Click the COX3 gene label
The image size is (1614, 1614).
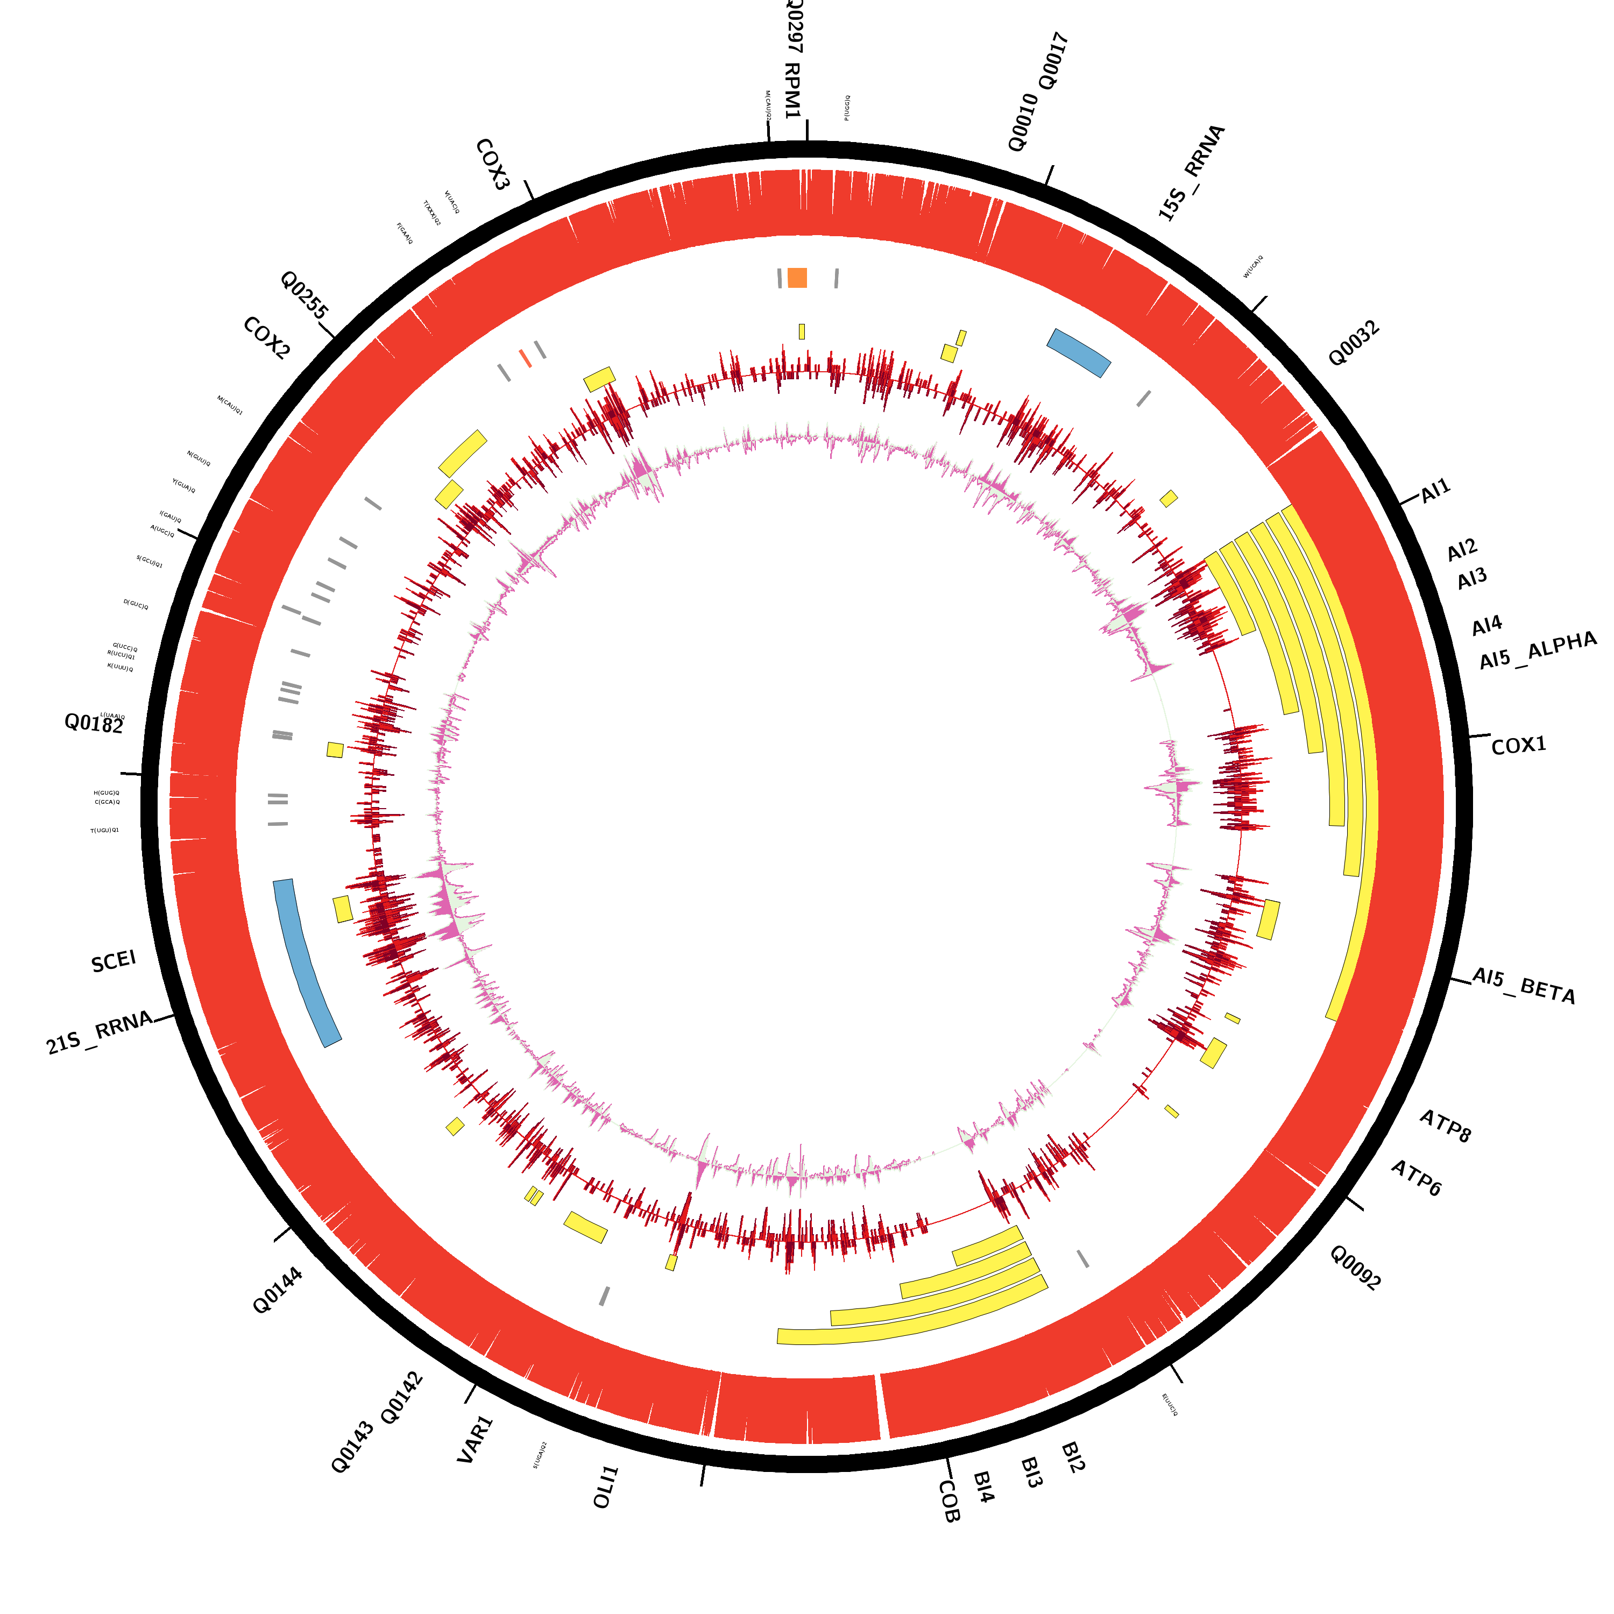tap(492, 165)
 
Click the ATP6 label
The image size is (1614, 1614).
tap(1416, 1178)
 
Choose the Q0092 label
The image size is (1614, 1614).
tap(1355, 1268)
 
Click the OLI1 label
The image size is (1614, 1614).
tap(606, 1487)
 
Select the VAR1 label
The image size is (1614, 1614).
tap(476, 1439)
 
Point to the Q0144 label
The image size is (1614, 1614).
tap(278, 1291)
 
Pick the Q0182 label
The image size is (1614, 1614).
tap(94, 724)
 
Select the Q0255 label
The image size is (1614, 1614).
tap(304, 295)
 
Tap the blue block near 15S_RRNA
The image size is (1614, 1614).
tap(1079, 352)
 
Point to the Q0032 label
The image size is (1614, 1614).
tap(1354, 343)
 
